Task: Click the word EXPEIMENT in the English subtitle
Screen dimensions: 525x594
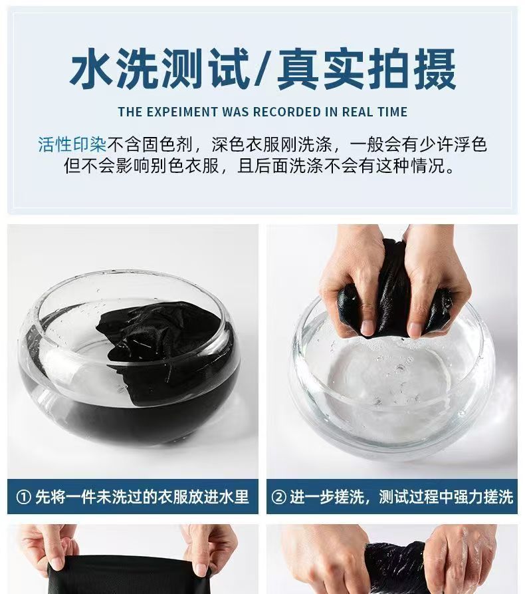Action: [182, 112]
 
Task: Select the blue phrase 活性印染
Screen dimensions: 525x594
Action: [72, 144]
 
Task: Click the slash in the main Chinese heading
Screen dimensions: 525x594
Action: [262, 69]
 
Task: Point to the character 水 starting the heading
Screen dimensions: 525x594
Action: [91, 69]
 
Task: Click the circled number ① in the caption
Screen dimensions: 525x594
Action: [23, 498]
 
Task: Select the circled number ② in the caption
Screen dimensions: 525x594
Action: [279, 498]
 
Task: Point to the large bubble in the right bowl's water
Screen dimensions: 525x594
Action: [399, 368]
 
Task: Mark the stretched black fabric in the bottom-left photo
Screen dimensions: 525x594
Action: [136, 576]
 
